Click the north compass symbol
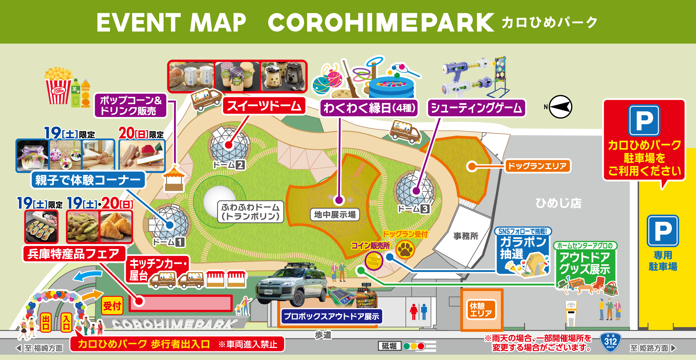[560, 107]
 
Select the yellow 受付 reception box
[112, 306]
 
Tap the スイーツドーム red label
[264, 106]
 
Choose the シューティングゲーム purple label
[476, 108]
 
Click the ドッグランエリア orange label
[537, 166]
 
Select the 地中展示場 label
[335, 215]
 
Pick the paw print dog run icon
[405, 249]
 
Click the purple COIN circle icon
[373, 261]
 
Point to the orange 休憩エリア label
[481, 310]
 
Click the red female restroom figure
[414, 311]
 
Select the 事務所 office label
[466, 236]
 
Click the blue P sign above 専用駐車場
[663, 231]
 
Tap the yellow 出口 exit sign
[46, 322]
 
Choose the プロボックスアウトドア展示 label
[331, 317]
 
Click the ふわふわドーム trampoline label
[251, 212]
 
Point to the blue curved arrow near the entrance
[87, 276]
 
